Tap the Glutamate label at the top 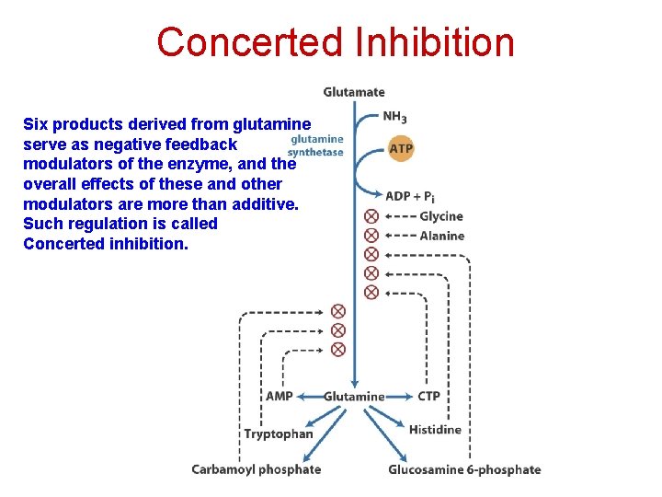click(x=354, y=92)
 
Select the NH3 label click(x=395, y=118)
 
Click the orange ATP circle click(x=402, y=147)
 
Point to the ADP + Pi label click(x=411, y=196)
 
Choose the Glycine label click(x=441, y=216)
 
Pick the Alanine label click(x=442, y=236)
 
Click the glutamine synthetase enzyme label click(x=315, y=146)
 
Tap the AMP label click(x=279, y=397)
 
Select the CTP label click(x=428, y=397)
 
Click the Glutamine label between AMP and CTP click(x=354, y=397)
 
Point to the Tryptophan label click(x=279, y=434)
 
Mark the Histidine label click(x=435, y=430)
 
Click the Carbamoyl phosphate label click(x=257, y=469)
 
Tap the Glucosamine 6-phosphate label click(x=464, y=469)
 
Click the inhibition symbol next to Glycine click(x=371, y=216)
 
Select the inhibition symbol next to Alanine click(x=371, y=236)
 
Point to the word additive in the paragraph click(x=264, y=203)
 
